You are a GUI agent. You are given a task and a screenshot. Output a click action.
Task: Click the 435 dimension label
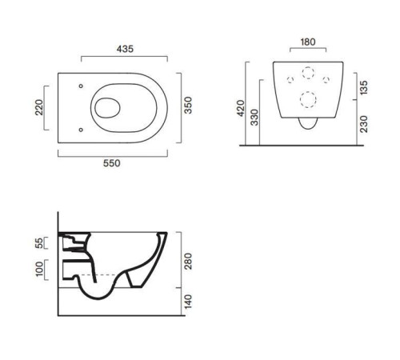pos(125,49)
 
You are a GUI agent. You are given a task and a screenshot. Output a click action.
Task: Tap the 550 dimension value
pos(112,163)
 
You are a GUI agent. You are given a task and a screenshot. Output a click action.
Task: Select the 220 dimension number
pos(39,107)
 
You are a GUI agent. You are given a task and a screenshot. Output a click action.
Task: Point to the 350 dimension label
pos(188,106)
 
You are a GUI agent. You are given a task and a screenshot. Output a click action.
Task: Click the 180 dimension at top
pos(308,42)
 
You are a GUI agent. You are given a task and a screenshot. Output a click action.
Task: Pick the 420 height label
pos(241,108)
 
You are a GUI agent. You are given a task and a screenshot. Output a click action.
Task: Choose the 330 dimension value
pos(254,118)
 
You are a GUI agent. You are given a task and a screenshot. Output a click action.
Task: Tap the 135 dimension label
pos(363,87)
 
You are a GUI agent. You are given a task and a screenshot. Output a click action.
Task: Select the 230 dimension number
pos(364,124)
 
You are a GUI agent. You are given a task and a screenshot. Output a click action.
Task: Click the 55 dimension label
pos(39,243)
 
